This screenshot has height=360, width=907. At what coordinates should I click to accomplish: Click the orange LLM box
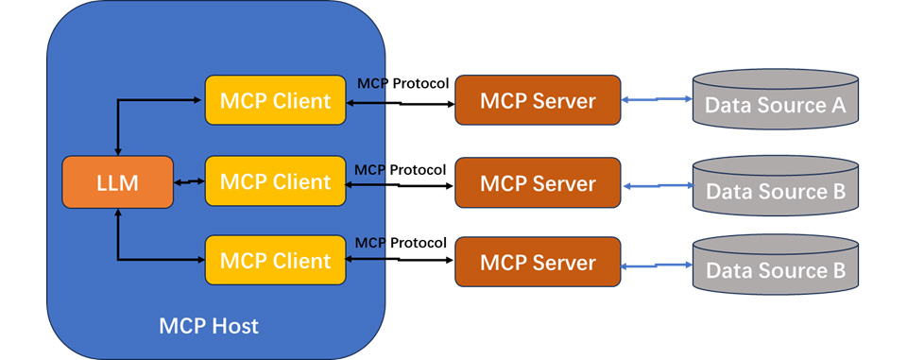point(117,182)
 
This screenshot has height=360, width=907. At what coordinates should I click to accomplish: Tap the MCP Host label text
point(209,327)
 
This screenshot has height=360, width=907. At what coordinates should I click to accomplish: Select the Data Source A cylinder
point(776,99)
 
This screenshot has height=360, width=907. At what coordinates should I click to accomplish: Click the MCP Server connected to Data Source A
point(538,100)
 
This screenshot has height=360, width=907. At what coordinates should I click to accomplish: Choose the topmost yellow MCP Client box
point(275,100)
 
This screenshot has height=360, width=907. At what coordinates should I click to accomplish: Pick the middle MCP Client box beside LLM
point(275,181)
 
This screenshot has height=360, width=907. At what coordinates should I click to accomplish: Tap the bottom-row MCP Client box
point(275,261)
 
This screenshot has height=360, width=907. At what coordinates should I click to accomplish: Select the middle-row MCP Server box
point(538,182)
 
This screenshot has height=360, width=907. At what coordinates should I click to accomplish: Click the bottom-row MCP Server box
point(538,262)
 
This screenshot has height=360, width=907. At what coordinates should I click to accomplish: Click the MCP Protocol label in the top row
point(402,83)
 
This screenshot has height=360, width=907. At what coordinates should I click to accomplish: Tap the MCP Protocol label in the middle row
point(400,169)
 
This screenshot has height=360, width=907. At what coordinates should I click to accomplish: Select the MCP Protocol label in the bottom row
point(400,243)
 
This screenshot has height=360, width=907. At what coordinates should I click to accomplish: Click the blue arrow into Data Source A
point(657,99)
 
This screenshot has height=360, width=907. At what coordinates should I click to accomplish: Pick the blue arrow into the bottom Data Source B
point(657,267)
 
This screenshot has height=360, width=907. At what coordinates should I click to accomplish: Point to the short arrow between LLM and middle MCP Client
point(189,181)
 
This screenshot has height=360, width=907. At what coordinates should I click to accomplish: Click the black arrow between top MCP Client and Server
point(400,101)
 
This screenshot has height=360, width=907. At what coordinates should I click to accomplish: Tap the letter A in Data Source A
point(837,105)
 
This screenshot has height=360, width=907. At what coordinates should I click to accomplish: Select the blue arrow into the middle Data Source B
point(657,187)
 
